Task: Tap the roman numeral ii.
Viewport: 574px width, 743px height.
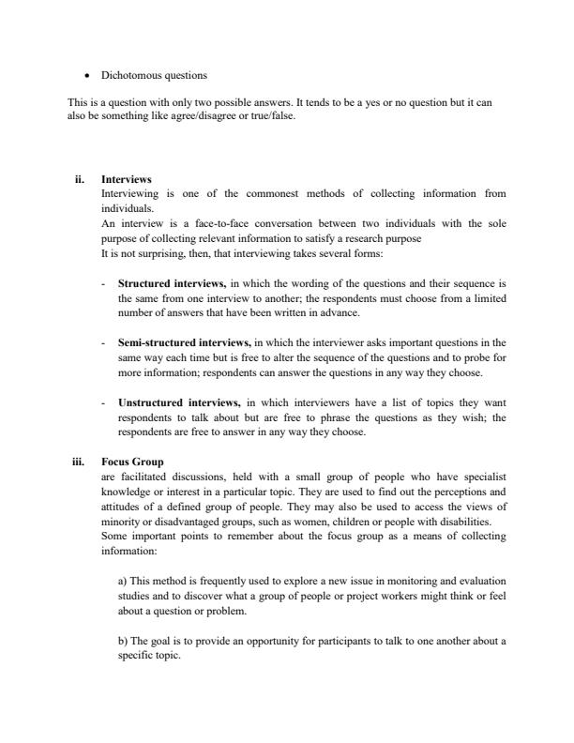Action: coord(79,179)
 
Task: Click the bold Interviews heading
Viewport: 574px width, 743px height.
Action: coord(127,179)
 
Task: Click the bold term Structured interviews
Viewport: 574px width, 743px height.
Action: coord(172,281)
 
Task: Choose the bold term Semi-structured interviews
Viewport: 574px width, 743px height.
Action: coord(184,343)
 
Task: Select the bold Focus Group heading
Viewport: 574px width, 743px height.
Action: coord(132,462)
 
